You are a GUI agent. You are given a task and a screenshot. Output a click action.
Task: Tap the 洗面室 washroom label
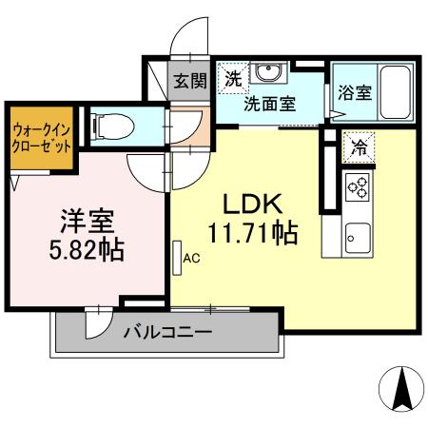click(268, 102)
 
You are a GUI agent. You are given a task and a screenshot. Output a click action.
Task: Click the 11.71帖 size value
click(251, 232)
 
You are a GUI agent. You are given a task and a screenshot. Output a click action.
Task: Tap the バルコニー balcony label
click(168, 332)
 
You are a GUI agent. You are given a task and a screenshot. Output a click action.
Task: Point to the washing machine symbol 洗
click(232, 79)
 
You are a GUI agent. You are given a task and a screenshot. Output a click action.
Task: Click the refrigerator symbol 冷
click(360, 146)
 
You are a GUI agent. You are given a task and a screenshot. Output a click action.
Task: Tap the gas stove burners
click(358, 187)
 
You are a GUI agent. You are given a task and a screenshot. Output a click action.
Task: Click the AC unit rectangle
click(177, 257)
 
